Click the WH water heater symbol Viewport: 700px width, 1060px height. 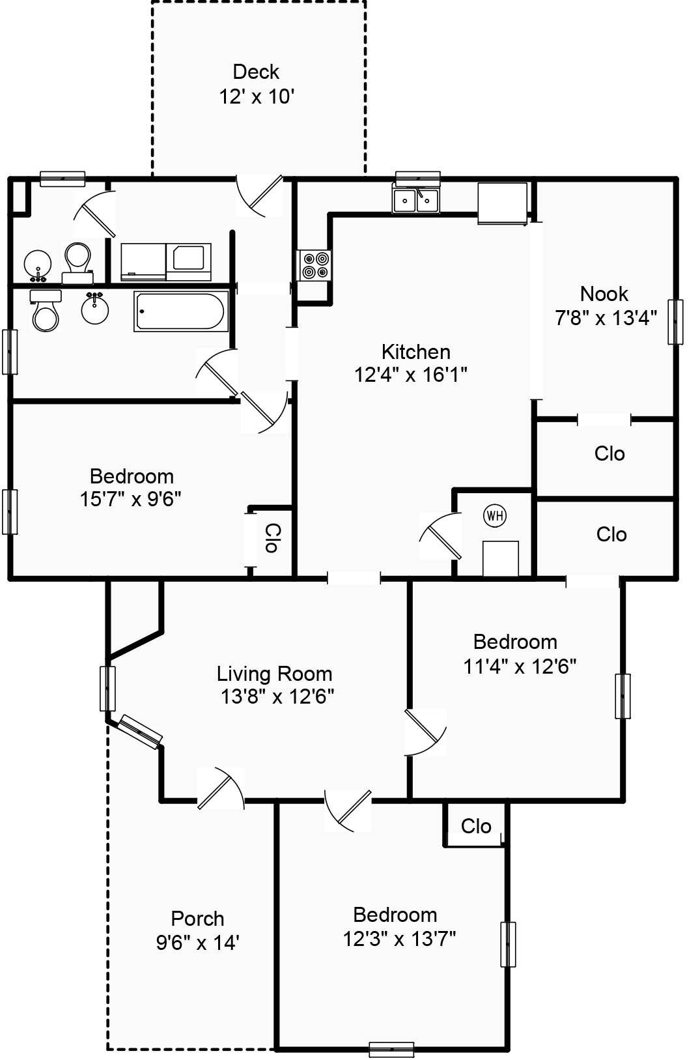tap(495, 515)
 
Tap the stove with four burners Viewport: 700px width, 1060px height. tap(315, 265)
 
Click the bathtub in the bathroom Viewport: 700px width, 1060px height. tap(181, 311)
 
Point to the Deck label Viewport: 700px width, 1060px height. tap(256, 72)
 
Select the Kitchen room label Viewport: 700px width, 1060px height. tap(415, 352)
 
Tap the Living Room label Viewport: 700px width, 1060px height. tap(274, 674)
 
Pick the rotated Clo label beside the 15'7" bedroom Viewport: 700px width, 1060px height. tap(273, 538)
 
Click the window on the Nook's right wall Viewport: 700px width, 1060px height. tap(675, 322)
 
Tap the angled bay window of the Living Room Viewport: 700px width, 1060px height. tap(141, 732)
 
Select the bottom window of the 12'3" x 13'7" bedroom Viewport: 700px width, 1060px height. tap(391, 1050)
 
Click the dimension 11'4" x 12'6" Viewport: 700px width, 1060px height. tap(520, 666)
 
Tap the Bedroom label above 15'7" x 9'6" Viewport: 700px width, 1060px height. tap(132, 476)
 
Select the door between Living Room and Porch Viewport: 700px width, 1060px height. tap(220, 788)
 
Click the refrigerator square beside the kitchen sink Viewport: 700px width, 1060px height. tap(502, 203)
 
